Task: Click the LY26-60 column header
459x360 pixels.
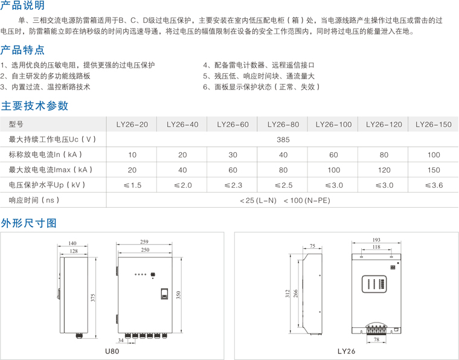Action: coord(233,124)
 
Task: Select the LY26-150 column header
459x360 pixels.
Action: coord(434,124)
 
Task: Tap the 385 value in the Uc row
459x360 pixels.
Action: coord(283,140)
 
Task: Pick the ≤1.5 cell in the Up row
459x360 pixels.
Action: coord(132,185)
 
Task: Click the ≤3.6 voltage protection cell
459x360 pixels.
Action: coord(434,185)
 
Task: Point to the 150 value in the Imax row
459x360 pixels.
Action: coord(434,170)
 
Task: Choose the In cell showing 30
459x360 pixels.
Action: coord(233,155)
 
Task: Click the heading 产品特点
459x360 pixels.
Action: coord(22,50)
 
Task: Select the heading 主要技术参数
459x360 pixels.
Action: coord(34,106)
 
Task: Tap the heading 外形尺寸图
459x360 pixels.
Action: coord(29,223)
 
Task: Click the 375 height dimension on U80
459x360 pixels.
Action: coord(93,298)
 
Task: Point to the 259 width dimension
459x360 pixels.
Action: coord(144,242)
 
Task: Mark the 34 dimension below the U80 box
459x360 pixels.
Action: coord(121,340)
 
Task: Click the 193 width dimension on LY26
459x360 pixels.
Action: coord(376,240)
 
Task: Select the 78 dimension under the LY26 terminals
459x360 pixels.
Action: coord(376,339)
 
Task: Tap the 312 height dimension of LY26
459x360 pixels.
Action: coord(287,294)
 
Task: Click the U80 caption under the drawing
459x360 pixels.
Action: coord(112,351)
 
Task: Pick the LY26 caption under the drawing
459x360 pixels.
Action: coord(346,351)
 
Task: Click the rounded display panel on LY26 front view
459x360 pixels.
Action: coord(374,284)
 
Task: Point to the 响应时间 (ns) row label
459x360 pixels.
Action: coord(34,200)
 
